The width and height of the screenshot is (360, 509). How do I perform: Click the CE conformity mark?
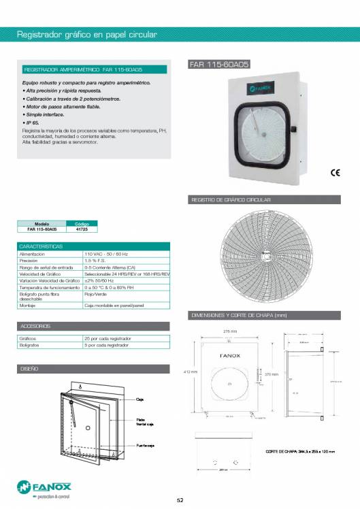coord(335,173)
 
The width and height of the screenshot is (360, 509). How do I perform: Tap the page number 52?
coord(180,500)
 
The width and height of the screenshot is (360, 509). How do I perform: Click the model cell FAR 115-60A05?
coord(41,229)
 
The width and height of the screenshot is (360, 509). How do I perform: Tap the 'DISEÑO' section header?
coord(30,368)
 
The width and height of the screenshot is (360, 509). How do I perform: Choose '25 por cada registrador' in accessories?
coord(107,338)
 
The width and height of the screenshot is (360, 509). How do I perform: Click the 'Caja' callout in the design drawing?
coord(139,399)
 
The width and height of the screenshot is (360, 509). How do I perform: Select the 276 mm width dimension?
coord(230,331)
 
